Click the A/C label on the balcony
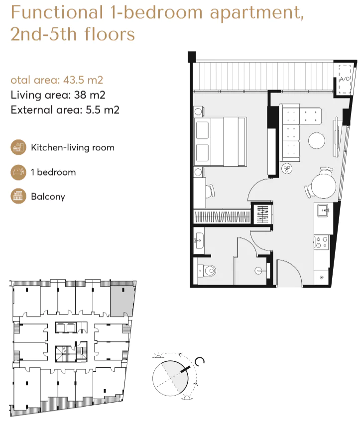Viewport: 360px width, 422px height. (345, 79)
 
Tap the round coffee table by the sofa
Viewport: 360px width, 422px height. (317, 141)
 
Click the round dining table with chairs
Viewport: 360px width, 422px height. (322, 187)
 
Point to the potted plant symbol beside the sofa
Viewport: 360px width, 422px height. (287, 169)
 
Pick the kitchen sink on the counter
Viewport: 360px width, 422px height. (322, 211)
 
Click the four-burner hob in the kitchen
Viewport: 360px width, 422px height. (322, 242)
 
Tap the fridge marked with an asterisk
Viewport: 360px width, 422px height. (322, 277)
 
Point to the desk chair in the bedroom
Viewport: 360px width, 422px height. (211, 191)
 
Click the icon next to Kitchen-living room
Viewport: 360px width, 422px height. (18, 147)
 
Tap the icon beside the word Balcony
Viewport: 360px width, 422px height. (18, 196)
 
